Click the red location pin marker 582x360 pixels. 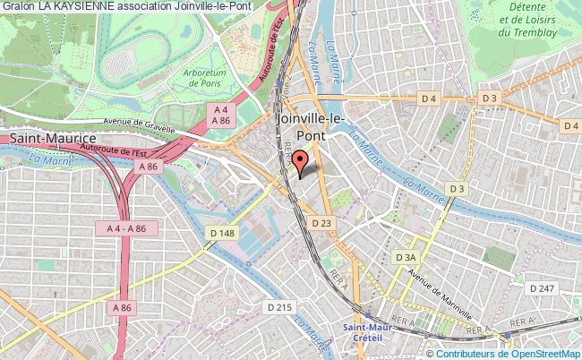tap(300, 160)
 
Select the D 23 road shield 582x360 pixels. tap(322, 221)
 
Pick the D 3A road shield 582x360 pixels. tap(406, 257)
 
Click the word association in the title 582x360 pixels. tap(158, 6)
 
